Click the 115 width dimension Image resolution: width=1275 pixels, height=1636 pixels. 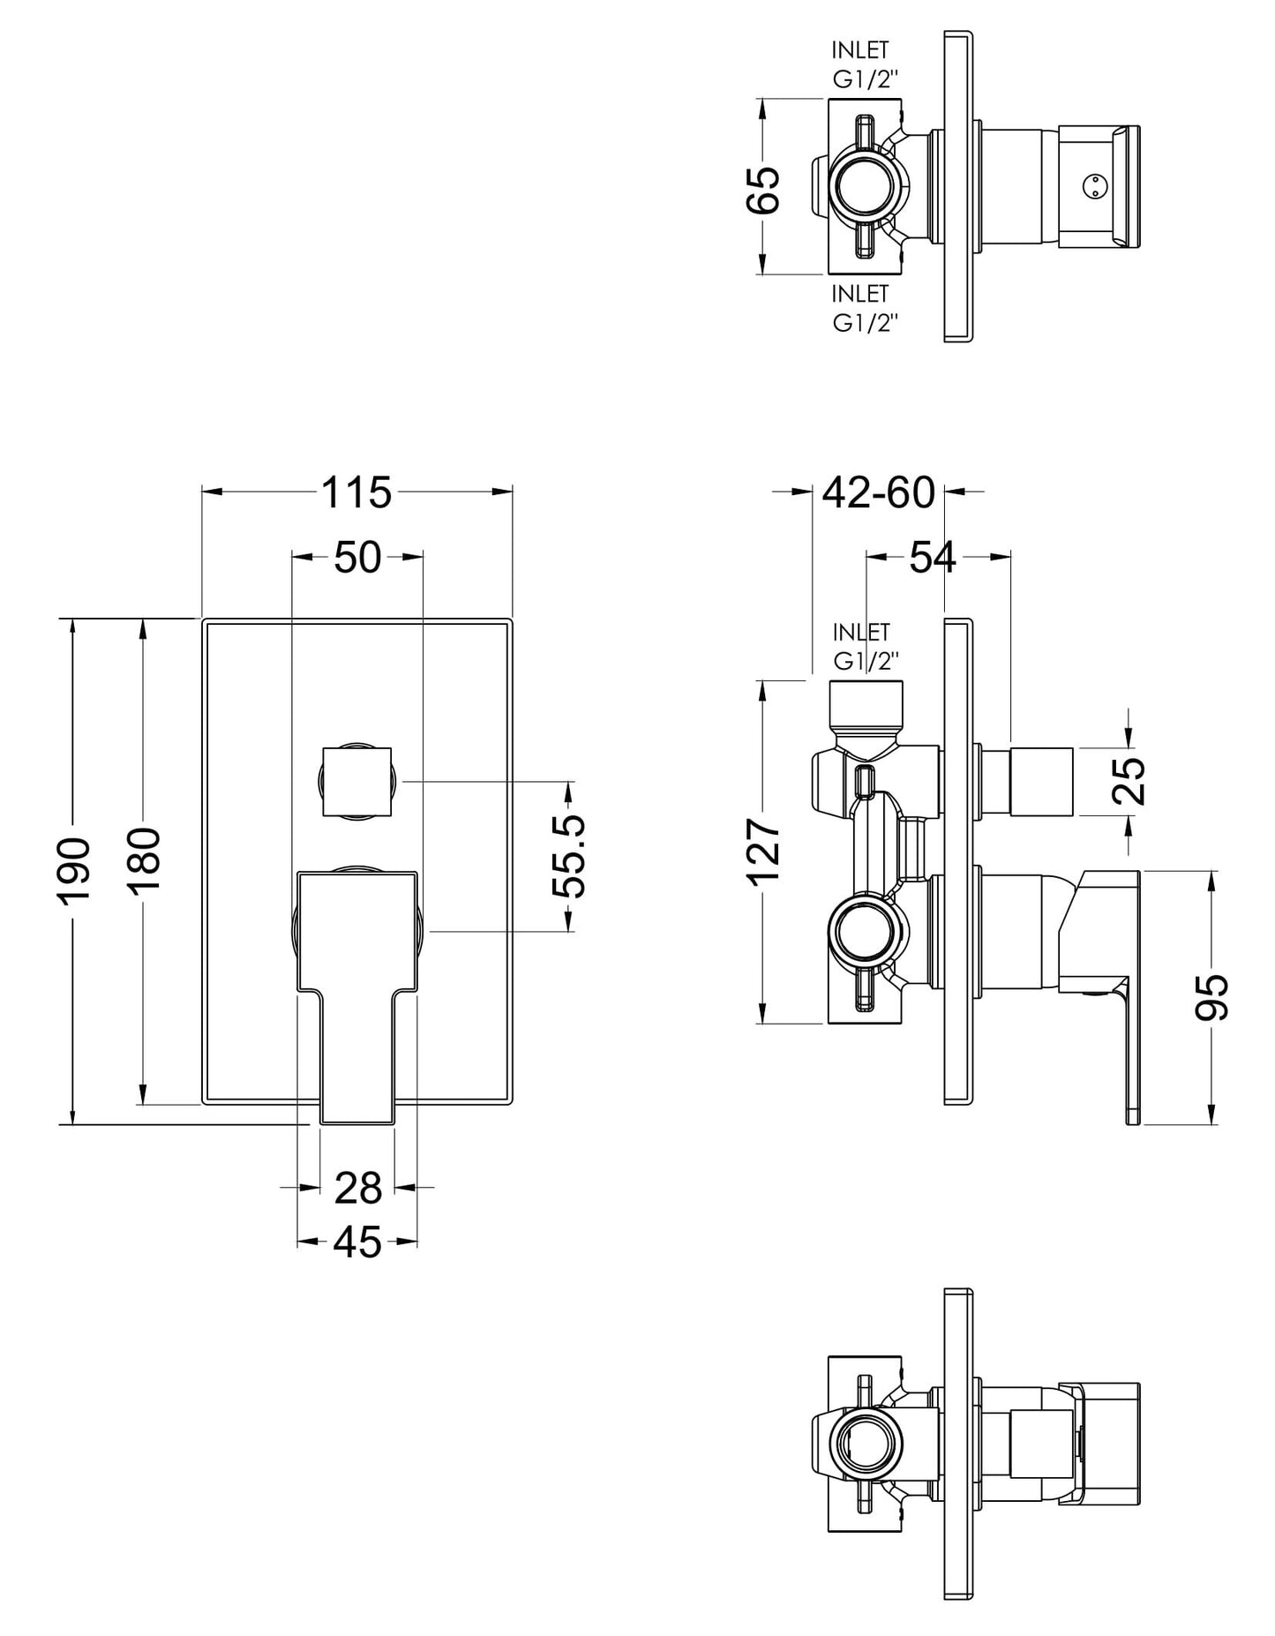tap(356, 492)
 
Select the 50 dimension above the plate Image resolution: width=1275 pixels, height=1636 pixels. tap(357, 558)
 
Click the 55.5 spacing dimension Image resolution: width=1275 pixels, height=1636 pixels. tap(573, 856)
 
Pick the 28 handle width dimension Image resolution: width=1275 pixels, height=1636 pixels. tap(357, 1189)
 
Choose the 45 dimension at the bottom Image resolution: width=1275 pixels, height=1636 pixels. tap(357, 1243)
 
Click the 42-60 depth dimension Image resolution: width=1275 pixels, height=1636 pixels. tap(877, 492)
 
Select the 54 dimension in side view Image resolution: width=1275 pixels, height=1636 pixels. tap(933, 558)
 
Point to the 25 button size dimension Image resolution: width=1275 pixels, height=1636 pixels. tap(1132, 780)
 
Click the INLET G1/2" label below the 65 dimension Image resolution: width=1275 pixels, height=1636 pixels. tap(864, 308)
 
